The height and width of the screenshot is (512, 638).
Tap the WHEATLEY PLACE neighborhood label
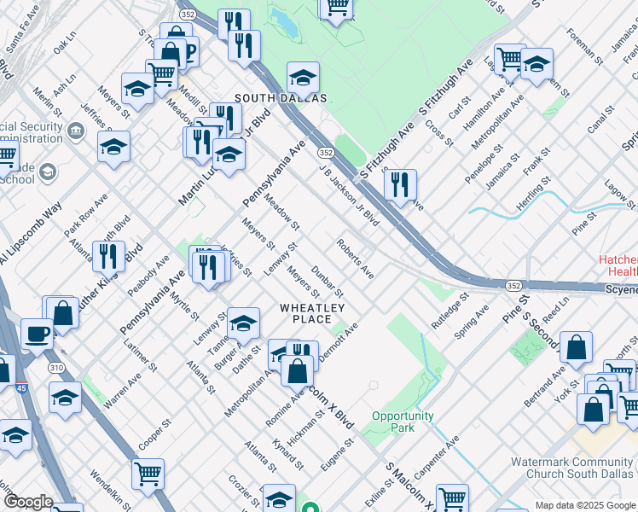(x=312, y=313)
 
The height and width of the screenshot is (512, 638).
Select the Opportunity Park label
(x=403, y=422)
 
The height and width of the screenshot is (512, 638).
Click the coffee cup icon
(x=36, y=334)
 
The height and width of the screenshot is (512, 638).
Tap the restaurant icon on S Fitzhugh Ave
(x=399, y=183)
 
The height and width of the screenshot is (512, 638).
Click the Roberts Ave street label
(x=356, y=259)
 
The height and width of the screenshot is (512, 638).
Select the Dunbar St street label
(x=327, y=281)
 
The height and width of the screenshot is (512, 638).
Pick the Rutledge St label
(x=450, y=313)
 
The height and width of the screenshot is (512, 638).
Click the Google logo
(x=28, y=502)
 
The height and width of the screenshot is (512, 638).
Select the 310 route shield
(x=57, y=367)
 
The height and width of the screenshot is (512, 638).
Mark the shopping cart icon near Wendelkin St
(x=148, y=473)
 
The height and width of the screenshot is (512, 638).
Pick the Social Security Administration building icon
(x=76, y=131)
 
